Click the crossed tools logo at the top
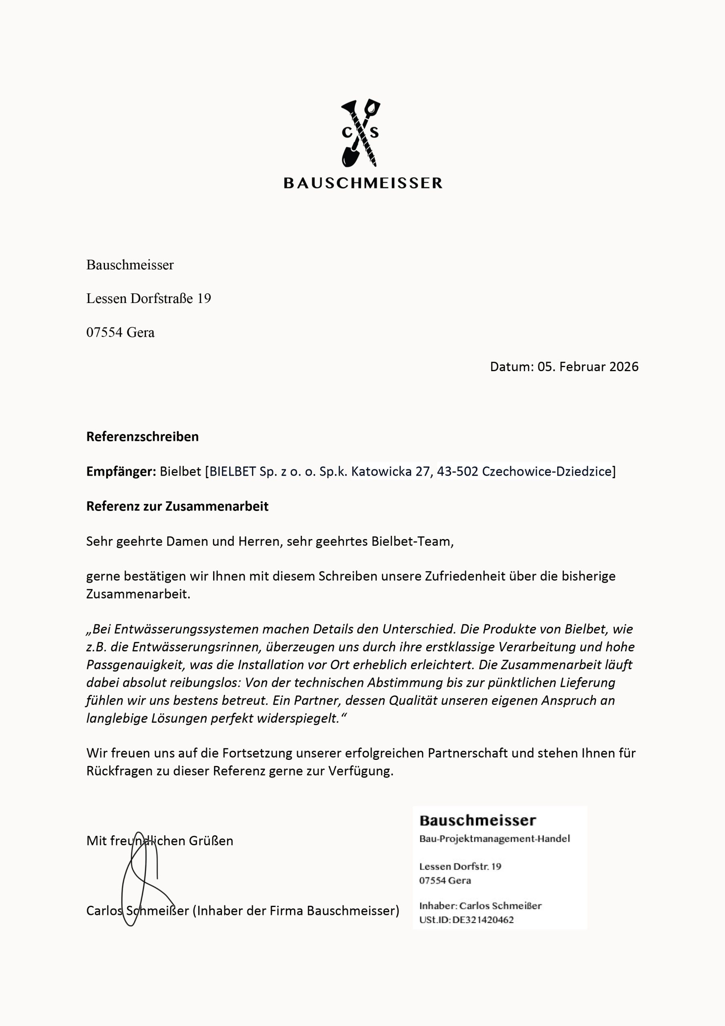click(x=361, y=133)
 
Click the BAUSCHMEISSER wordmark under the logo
click(x=363, y=183)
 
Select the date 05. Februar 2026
click(x=588, y=367)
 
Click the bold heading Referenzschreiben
click(x=143, y=436)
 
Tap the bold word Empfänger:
click(x=121, y=471)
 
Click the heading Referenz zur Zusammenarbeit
click(x=177, y=506)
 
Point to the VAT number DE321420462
click(x=483, y=920)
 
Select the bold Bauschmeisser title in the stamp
click(x=477, y=820)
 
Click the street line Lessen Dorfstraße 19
click(x=148, y=299)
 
